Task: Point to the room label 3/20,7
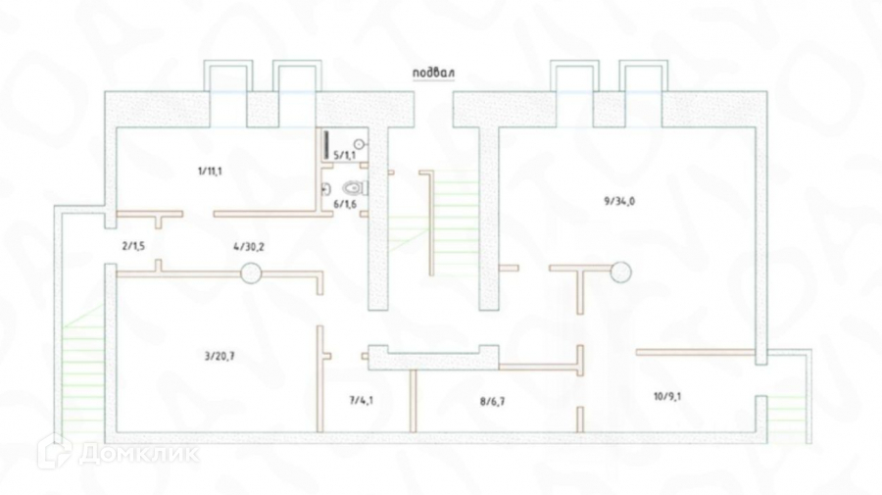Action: (220, 356)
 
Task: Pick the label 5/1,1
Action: (345, 155)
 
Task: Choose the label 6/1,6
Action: (345, 204)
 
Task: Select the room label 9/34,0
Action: (619, 201)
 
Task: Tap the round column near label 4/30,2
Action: (252, 273)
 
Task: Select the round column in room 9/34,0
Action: (619, 272)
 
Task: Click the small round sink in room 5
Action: (359, 144)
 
